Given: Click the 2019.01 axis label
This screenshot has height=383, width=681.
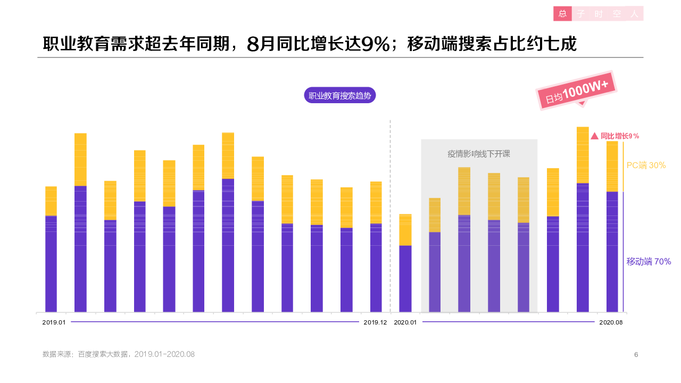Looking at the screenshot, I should click(54, 322).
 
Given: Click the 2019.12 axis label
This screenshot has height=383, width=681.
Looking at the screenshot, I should click(375, 322).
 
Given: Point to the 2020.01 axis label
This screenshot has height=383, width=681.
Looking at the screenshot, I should click(405, 322).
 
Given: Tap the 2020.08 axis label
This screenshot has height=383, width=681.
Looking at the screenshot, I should click(610, 322).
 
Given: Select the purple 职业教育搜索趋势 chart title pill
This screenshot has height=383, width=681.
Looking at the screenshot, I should click(340, 96).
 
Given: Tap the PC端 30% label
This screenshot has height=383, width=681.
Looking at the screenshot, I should click(646, 165).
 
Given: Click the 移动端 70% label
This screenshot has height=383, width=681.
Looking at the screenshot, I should click(649, 262).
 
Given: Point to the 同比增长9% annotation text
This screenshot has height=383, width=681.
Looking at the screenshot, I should click(620, 136).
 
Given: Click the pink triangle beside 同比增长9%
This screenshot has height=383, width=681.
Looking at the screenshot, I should click(595, 136).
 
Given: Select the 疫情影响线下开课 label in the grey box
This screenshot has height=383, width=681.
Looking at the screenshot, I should click(479, 154).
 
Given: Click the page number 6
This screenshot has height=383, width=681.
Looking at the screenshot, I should click(636, 355).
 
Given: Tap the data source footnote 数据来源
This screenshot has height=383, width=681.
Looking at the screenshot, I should click(119, 354).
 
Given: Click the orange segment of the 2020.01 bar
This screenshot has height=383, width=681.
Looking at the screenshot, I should click(405, 229).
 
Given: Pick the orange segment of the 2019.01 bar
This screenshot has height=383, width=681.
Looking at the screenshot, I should click(51, 201).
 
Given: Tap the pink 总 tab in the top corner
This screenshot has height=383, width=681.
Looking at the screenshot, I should click(562, 14).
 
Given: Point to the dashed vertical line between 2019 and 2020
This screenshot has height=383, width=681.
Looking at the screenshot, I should click(391, 213).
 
